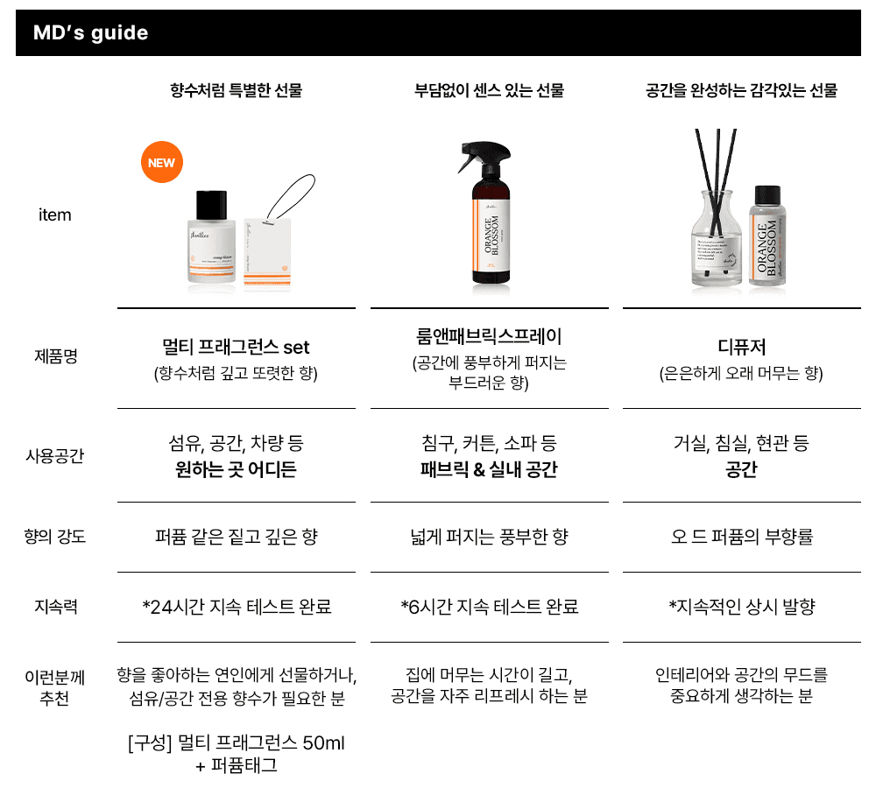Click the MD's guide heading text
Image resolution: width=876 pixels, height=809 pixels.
pos(90,33)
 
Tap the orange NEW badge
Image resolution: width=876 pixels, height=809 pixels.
pos(161,162)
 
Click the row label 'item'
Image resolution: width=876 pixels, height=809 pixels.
pos(54,215)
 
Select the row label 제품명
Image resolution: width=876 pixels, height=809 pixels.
pos(54,356)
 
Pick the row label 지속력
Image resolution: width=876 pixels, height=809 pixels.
pos(55,606)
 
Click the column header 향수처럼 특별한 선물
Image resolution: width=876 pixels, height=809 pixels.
pos(236,90)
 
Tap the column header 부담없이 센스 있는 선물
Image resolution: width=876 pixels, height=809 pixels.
pos(489,90)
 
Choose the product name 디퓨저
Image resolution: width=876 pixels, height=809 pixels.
pos(741,348)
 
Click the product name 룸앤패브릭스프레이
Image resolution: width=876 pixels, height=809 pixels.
pos(489,337)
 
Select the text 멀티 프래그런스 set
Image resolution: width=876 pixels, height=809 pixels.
pos(236,348)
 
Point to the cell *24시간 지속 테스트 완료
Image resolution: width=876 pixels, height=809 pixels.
pos(237,607)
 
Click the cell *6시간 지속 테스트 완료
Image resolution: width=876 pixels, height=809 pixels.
pos(489,607)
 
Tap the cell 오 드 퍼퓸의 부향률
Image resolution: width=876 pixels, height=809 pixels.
pos(741,537)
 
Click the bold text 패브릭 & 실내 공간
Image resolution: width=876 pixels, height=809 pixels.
pos(489,470)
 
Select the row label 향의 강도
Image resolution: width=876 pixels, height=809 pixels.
pos(54,537)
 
